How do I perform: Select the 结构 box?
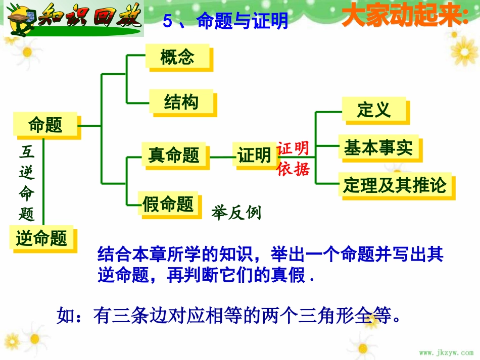[x=181, y=102]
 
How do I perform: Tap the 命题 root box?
[x=45, y=124]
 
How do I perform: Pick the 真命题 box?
[x=174, y=155]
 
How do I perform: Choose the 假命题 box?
[x=168, y=204]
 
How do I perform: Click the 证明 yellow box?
[x=254, y=155]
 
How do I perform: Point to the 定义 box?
[x=374, y=109]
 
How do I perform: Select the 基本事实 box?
[x=378, y=147]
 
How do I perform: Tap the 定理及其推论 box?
[x=395, y=185]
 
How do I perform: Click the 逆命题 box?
[x=41, y=238]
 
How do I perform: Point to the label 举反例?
[x=236, y=213]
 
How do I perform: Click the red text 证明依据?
[x=293, y=159]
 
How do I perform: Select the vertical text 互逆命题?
[x=27, y=183]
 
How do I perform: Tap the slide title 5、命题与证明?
[x=226, y=21]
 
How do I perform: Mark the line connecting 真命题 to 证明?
[x=221, y=156]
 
